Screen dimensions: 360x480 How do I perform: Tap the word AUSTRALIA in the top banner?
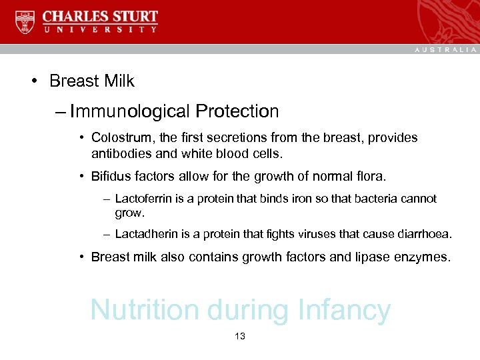point(445,49)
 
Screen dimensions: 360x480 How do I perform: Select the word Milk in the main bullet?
point(120,81)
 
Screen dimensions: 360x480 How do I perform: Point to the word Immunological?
point(129,111)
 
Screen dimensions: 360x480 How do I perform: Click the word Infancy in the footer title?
point(344,310)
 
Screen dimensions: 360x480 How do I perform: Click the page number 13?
point(240,337)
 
